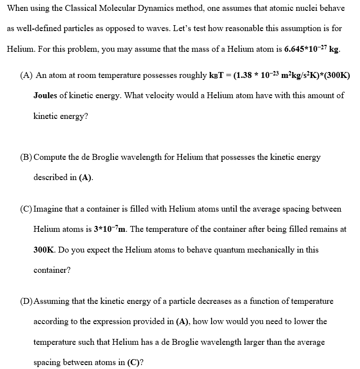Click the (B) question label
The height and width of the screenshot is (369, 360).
26,157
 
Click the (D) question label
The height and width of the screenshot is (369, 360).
26,301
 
